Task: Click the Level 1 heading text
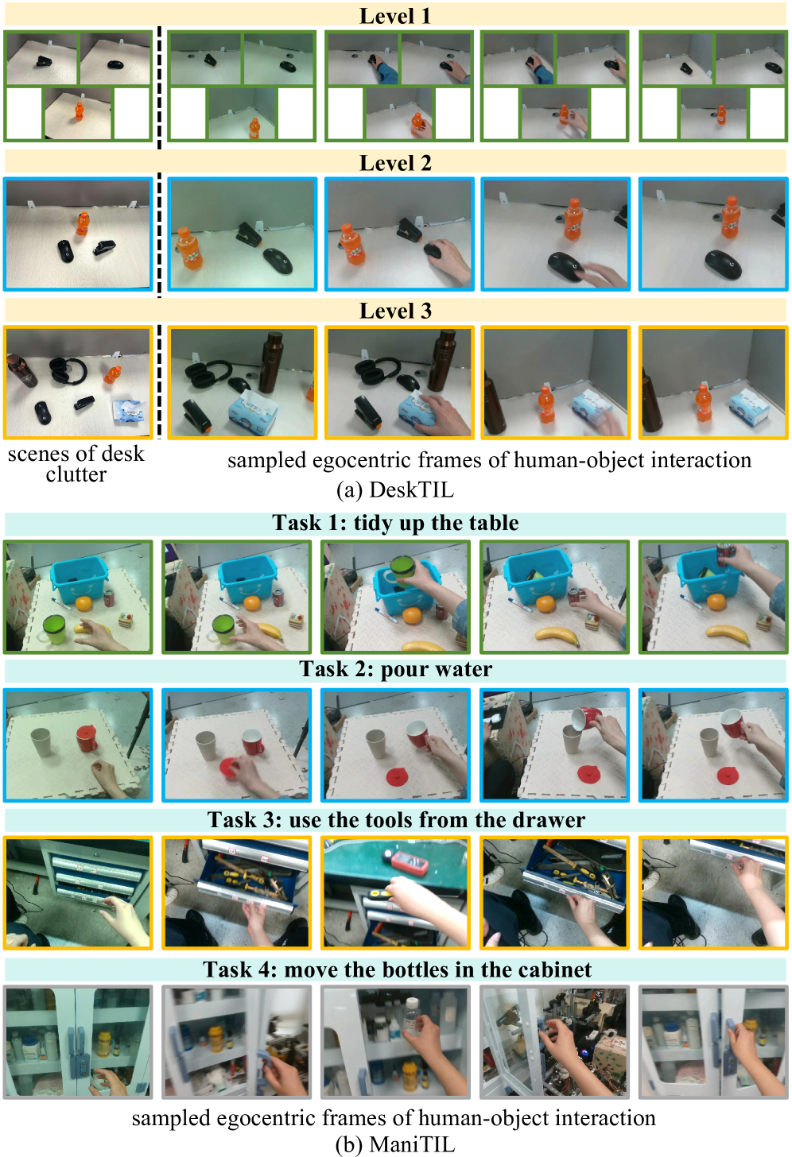pos(395,16)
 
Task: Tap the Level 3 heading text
pos(395,311)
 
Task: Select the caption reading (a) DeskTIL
pos(395,489)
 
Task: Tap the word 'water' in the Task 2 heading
pos(464,669)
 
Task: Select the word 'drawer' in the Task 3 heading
pos(556,820)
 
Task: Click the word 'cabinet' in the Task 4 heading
pos(562,969)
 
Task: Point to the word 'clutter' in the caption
pos(76,474)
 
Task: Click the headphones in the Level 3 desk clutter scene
pos(68,370)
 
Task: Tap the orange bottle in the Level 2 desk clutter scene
pos(82,223)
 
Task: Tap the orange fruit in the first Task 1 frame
pos(83,603)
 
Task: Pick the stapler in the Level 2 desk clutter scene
pos(105,247)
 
